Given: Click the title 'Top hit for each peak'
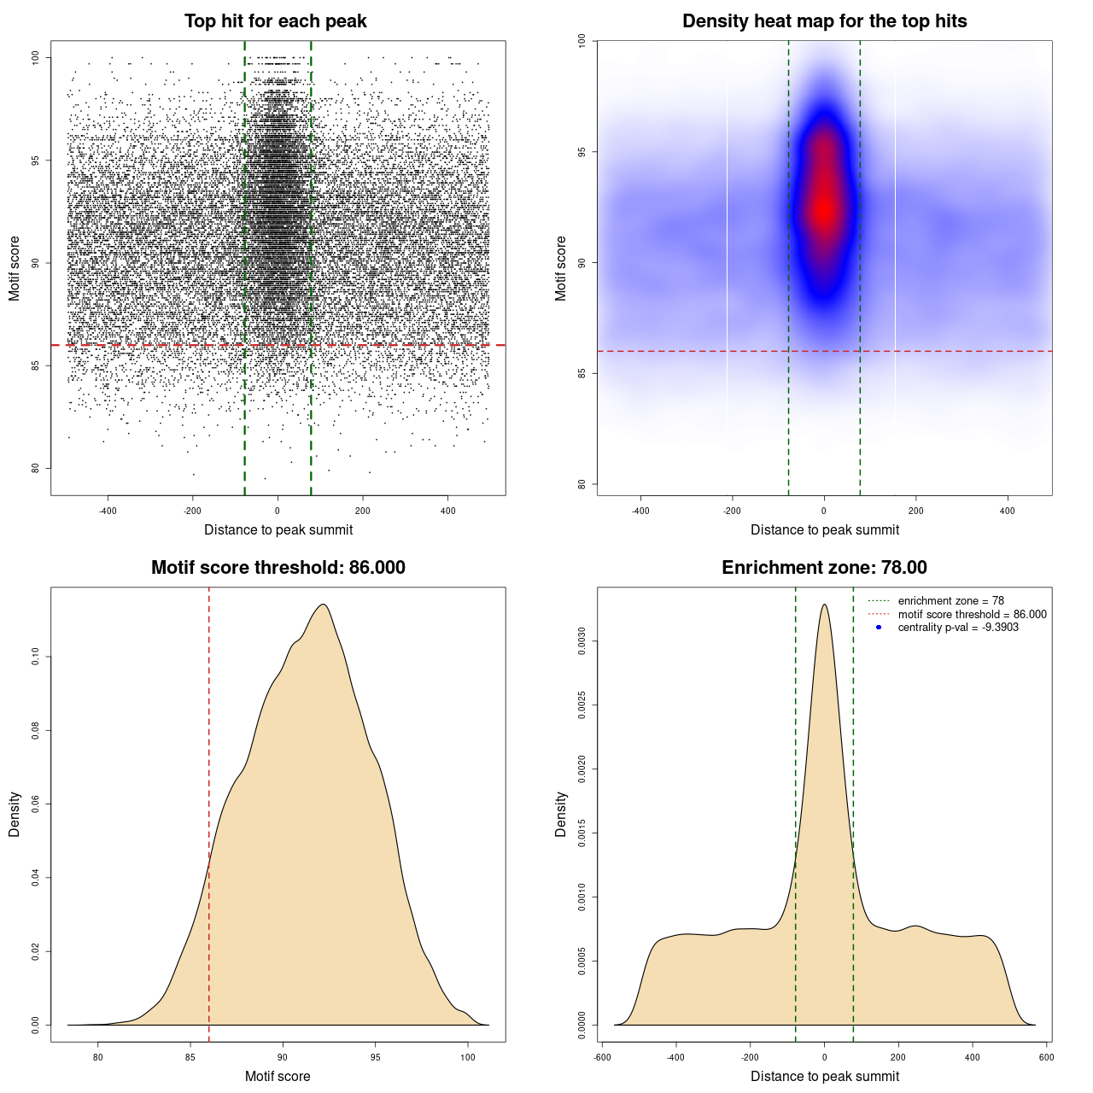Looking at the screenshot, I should tap(275, 21).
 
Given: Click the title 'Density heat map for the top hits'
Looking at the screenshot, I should tap(824, 21).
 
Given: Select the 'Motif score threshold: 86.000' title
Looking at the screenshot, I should tap(278, 568).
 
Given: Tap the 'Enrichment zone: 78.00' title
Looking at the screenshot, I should tap(824, 568).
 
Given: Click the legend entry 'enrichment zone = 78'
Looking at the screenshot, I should tap(950, 601).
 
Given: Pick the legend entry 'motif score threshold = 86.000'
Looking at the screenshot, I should tap(972, 614).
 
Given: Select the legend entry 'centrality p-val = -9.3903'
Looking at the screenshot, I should tap(958, 628).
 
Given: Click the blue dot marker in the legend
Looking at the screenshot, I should tap(879, 628).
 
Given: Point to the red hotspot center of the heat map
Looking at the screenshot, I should tap(824, 208).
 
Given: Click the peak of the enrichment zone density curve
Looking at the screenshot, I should tap(824, 605).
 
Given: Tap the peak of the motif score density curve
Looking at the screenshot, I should tap(323, 605).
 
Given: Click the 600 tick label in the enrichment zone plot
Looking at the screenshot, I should tap(1046, 1057).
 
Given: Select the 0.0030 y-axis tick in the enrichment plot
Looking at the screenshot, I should tap(582, 641).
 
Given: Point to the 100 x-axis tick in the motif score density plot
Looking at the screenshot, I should tap(467, 1057).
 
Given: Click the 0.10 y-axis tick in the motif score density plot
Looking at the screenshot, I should tap(36, 656).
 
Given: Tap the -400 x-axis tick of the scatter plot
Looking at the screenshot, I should tap(108, 511).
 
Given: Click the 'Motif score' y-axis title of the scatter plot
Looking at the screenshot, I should tap(15, 268).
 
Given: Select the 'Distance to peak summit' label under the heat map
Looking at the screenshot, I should tap(824, 529).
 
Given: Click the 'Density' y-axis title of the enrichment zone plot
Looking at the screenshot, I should tap(561, 814).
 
